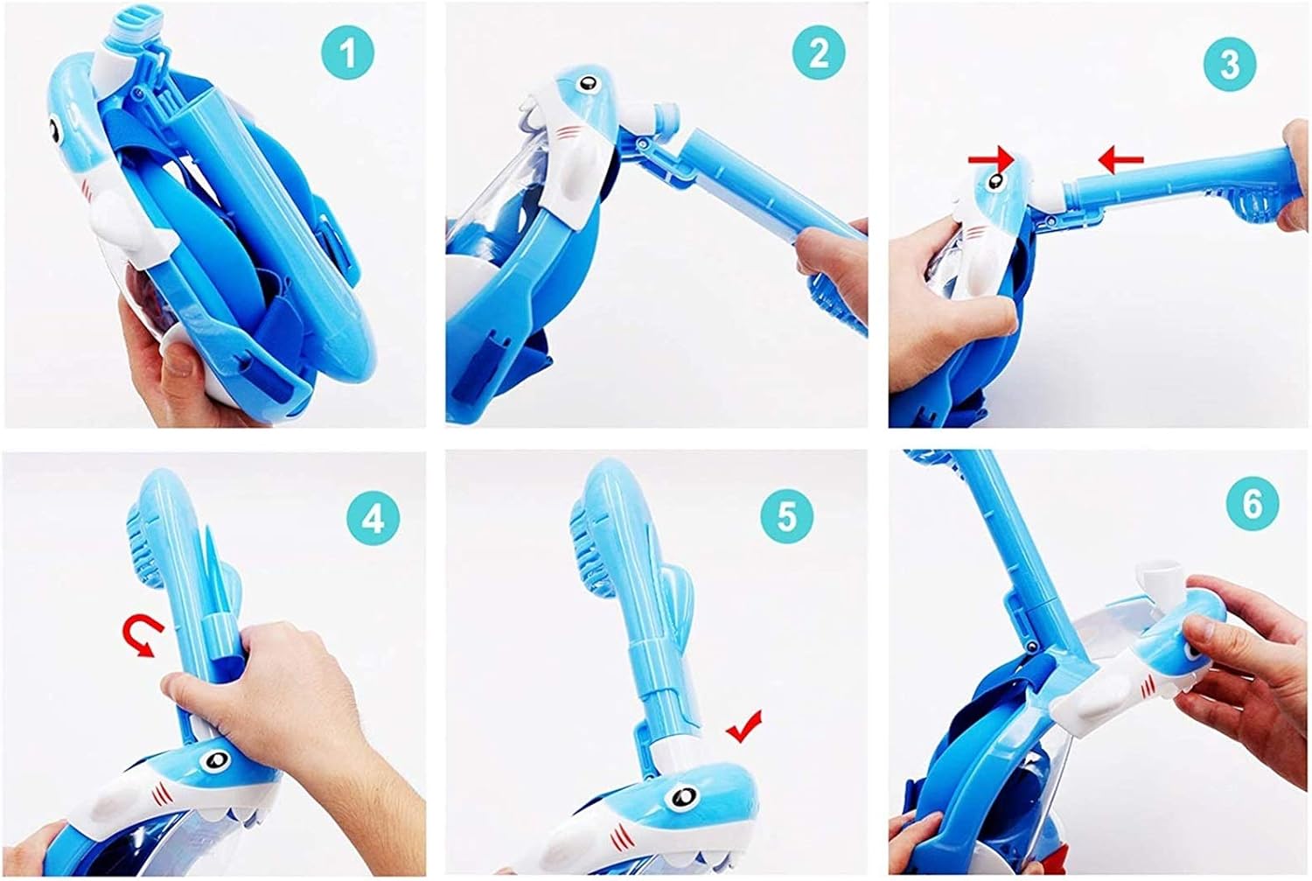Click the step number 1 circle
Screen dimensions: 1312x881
(347, 52)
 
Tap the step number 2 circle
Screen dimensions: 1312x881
(818, 52)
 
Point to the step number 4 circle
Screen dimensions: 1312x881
(373, 519)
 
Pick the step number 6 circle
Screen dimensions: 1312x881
(1253, 503)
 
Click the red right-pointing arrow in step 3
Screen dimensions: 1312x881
(991, 158)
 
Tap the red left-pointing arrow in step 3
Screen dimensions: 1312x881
(1120, 159)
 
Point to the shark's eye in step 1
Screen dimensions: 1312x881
(54, 130)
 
